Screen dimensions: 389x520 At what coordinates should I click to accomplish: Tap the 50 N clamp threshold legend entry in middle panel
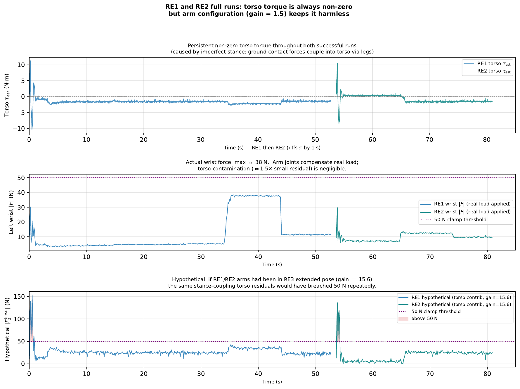point(460,220)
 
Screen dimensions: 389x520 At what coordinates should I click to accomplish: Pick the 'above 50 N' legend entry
point(424,319)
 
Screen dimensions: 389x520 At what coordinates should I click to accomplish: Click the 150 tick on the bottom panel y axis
point(21,297)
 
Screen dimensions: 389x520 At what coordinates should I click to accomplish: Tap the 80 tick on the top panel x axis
point(487,140)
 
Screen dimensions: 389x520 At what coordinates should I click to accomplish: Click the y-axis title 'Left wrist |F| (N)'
point(11,212)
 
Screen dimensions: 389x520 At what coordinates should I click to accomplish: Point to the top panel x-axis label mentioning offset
point(272,148)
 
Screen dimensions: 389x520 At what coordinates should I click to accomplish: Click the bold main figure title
point(259,10)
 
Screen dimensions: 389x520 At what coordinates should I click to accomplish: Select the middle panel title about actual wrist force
point(272,165)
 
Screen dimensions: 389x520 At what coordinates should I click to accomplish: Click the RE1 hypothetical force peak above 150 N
point(32,295)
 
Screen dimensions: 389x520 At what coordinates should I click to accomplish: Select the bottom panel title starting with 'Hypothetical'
point(272,283)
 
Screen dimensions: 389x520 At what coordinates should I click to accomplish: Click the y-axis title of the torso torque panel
point(7,95)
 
